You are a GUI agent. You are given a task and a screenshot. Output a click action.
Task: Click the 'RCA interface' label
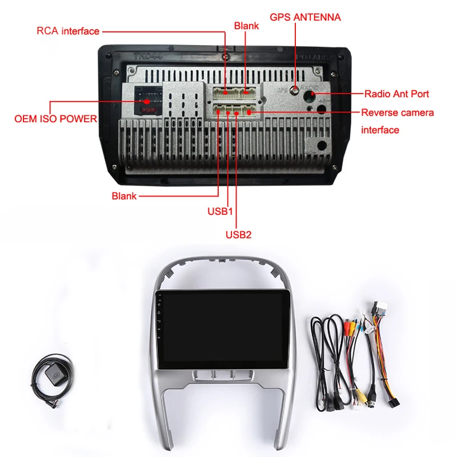click(68, 31)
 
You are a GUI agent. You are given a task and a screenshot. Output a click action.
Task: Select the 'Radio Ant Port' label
click(396, 93)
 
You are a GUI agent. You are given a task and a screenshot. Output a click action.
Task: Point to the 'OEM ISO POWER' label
click(55, 119)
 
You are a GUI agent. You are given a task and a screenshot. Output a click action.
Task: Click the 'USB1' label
click(221, 211)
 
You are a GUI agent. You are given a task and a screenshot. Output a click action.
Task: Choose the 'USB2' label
click(238, 234)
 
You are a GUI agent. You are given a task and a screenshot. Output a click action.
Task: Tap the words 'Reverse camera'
click(397, 113)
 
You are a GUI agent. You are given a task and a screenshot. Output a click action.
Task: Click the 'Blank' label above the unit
click(246, 26)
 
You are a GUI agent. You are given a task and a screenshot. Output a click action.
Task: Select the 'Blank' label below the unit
click(124, 196)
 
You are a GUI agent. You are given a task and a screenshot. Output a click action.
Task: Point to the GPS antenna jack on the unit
click(294, 90)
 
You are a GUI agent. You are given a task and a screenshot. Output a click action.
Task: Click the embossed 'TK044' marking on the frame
click(145, 57)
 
